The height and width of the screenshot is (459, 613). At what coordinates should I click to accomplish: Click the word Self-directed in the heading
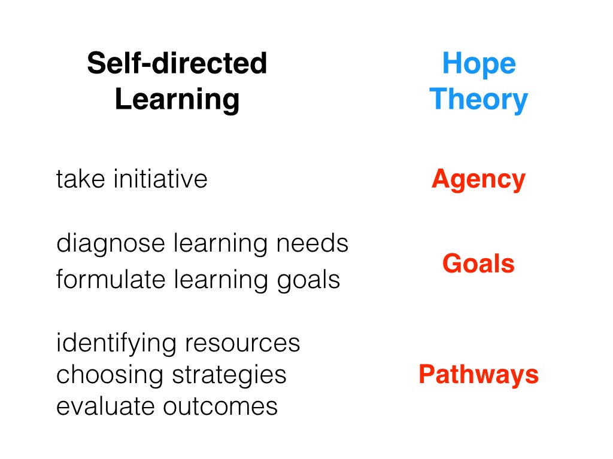[177, 63]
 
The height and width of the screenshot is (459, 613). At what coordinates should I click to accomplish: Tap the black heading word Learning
[177, 100]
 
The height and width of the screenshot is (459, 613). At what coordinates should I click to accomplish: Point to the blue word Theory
[478, 100]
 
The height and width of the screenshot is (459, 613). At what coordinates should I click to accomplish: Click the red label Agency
[478, 180]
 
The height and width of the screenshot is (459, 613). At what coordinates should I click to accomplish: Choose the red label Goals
[478, 264]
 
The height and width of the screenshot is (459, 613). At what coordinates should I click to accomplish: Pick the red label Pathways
[478, 375]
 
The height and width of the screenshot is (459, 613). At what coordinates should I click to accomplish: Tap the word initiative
[160, 179]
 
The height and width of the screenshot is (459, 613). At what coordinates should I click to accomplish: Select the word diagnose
[111, 244]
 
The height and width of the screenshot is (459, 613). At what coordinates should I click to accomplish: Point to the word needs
[312, 243]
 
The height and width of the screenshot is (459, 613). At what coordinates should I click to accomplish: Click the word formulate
[111, 279]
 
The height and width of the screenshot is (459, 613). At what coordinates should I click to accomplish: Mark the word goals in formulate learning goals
[308, 281]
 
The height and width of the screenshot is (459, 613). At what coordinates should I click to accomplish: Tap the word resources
[242, 344]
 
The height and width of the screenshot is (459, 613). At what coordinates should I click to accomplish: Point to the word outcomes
[220, 407]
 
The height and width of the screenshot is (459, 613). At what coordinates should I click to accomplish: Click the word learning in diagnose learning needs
[220, 244]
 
